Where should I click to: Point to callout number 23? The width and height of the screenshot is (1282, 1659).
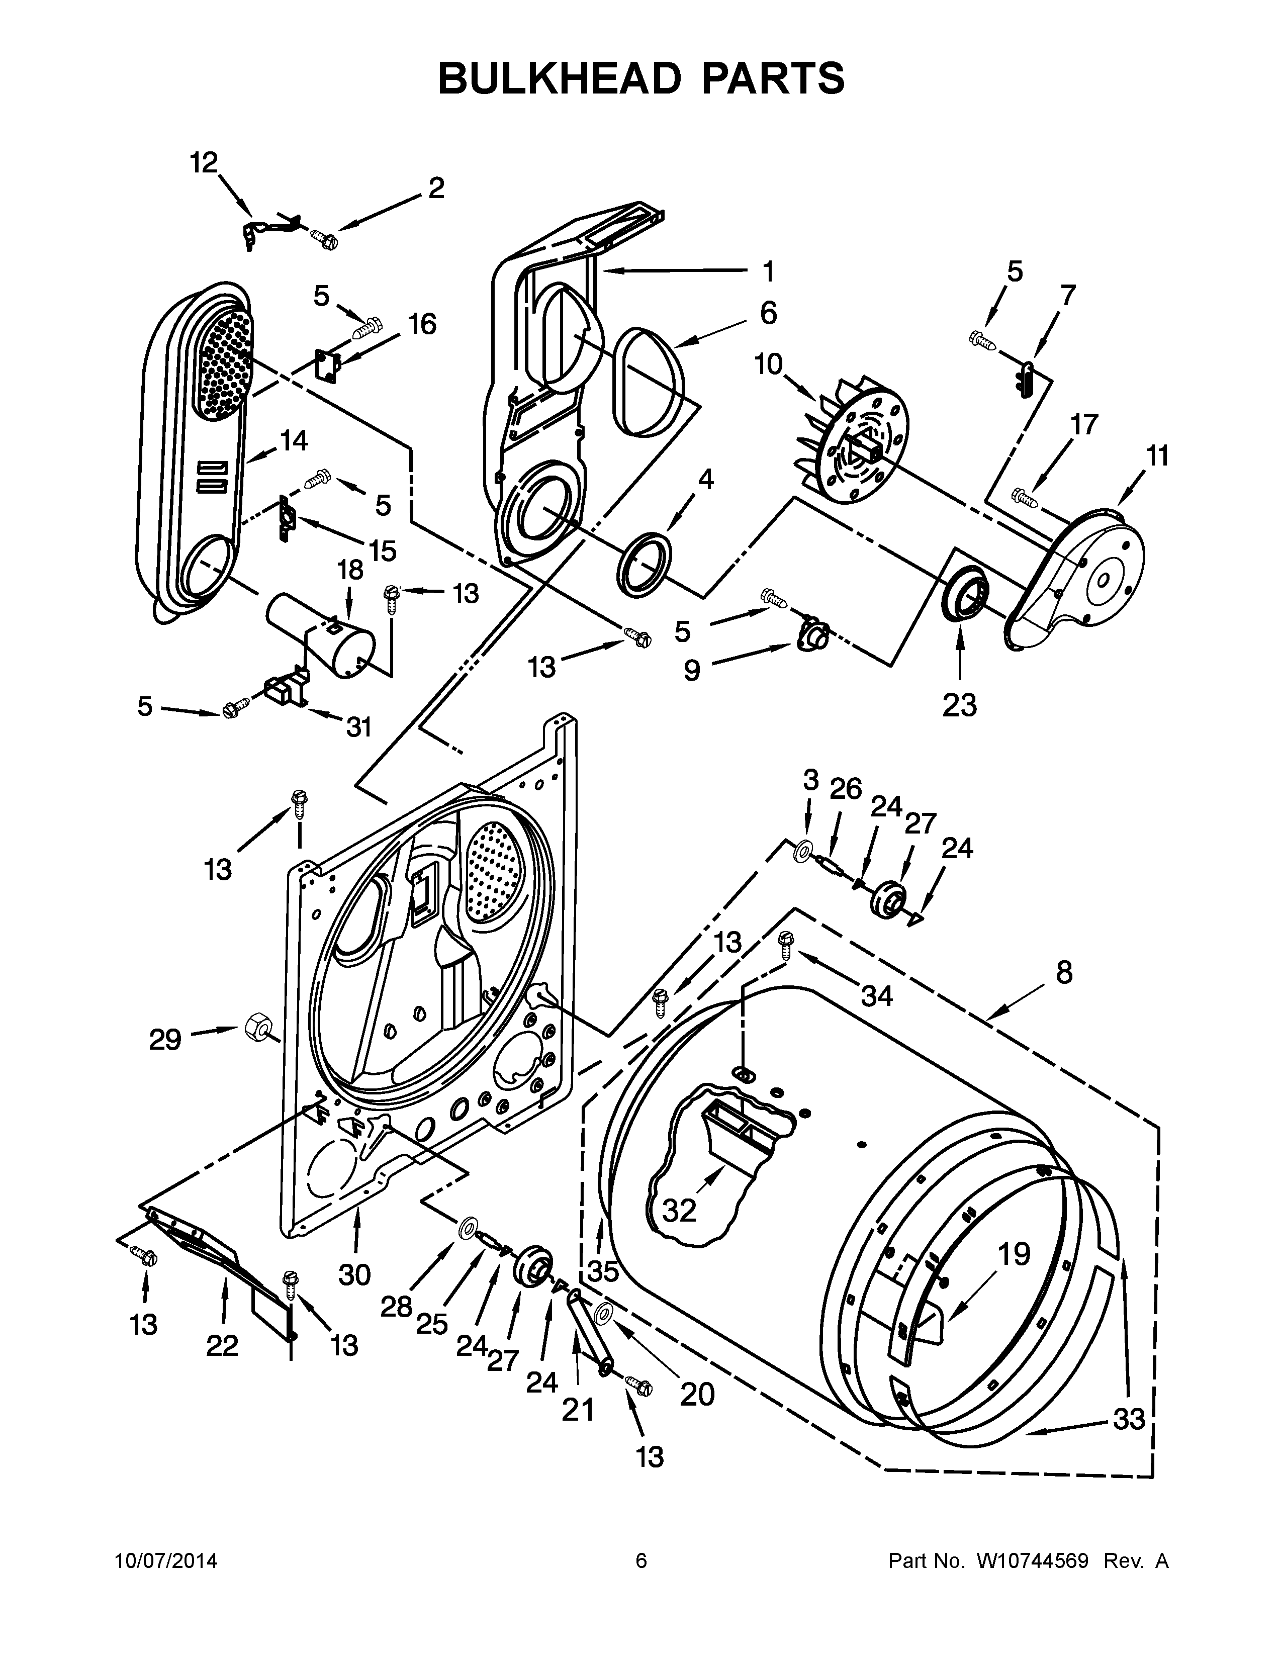coord(959,705)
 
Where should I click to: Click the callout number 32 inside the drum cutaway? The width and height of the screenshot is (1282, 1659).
coord(679,1210)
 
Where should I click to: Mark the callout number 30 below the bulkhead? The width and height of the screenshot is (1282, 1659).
coord(354,1274)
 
